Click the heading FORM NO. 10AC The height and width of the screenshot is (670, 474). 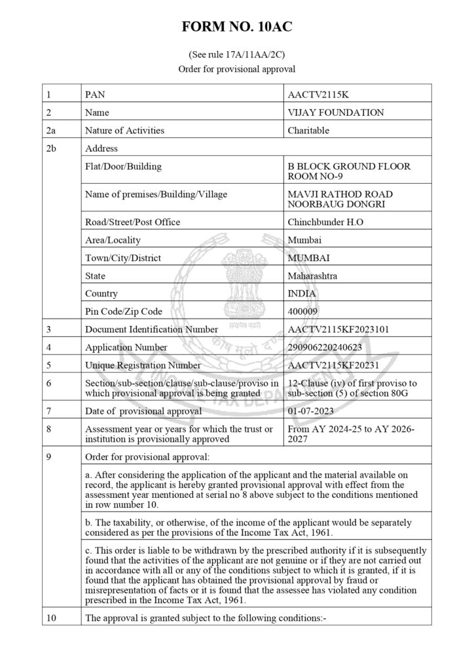pos(237,27)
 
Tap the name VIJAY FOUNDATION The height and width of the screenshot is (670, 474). pos(336,113)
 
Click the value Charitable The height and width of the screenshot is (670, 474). pos(308,130)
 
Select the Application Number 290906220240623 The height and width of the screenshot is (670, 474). pos(325,347)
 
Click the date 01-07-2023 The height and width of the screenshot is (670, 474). pos(310,411)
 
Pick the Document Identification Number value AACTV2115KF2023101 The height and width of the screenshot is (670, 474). pos(338,329)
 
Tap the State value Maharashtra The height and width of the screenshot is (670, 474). pos(312,276)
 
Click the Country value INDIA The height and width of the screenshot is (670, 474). pos(301,294)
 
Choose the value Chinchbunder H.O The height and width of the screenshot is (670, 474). pos(325,222)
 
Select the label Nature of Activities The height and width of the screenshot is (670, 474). pos(124,130)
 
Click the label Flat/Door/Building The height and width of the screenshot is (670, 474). pos(123,166)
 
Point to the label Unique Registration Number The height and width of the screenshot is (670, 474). pos(143,365)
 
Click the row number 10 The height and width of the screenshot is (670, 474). pos(52,618)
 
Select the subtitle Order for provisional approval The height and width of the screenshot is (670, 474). pos(236,69)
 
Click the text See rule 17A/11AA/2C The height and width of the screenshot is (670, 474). pos(236,56)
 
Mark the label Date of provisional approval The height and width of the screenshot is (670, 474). pos(143,411)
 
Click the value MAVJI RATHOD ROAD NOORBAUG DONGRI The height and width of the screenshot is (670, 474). pos(340,199)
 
